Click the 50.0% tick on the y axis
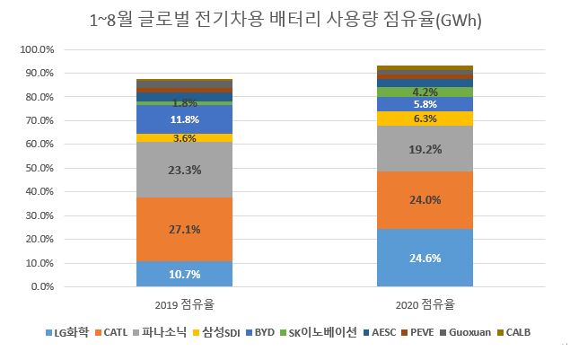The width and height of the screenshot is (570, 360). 40,168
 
